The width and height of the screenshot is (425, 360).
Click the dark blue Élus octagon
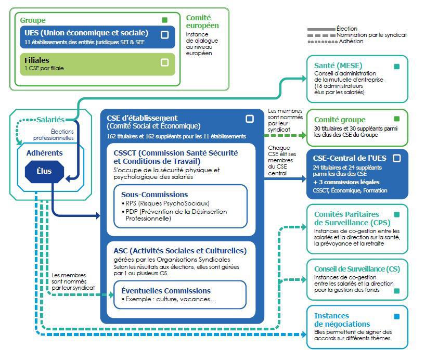(44, 171)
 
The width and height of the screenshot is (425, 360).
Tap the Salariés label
(50, 120)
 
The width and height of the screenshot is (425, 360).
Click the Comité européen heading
(202, 21)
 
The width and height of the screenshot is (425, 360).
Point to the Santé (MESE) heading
(338, 66)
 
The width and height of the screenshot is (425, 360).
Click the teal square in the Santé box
(397, 67)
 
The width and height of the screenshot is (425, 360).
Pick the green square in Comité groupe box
(397, 119)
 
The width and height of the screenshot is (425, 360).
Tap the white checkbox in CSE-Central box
(397, 158)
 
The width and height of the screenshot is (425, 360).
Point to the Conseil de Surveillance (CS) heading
(357, 269)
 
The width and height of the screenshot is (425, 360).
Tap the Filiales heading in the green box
(36, 60)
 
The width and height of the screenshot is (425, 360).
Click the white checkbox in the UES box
(165, 35)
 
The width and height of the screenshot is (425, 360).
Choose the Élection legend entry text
(347, 29)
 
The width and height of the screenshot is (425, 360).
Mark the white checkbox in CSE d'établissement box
(250, 119)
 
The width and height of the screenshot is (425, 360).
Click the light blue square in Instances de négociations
(397, 316)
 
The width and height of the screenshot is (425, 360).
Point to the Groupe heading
(33, 20)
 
